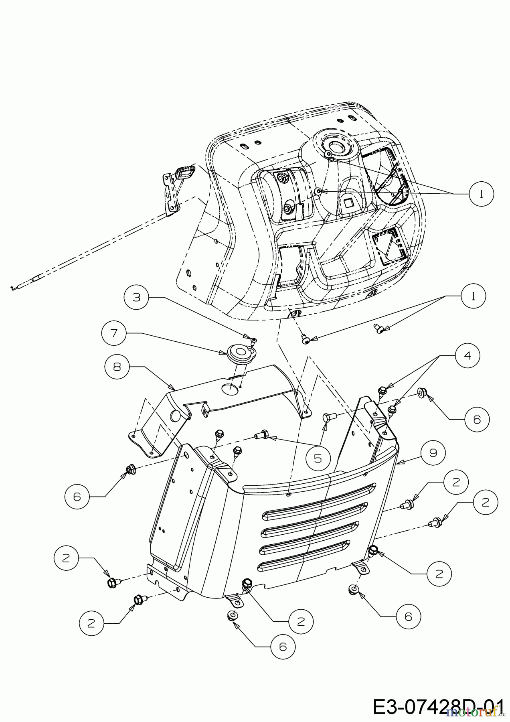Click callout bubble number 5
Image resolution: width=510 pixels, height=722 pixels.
(x=318, y=458)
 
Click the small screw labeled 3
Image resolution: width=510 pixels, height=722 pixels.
(x=253, y=340)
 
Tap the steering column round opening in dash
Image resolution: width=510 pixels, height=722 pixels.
(x=335, y=149)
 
